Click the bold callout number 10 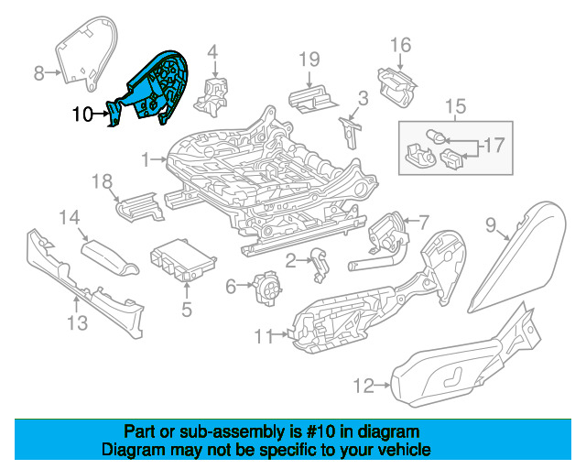(82, 115)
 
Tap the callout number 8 (38, 73)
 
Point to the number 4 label (212, 52)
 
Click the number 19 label (309, 60)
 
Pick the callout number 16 (401, 45)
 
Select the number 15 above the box (456, 106)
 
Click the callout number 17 (494, 145)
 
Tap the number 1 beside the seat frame (146, 160)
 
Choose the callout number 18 (102, 181)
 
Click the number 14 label (70, 217)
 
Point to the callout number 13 (77, 322)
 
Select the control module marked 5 (183, 260)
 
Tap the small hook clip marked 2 (320, 265)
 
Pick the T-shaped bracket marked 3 (350, 132)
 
